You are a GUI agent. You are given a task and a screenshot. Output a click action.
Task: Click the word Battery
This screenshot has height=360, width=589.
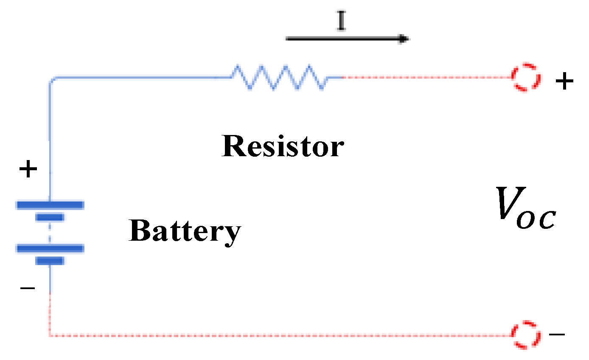pos(185,232)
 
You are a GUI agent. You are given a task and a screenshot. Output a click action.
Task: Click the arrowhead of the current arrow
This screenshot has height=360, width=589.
pos(403,39)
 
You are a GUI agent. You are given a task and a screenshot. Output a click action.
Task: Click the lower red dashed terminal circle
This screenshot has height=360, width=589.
pos(526,334)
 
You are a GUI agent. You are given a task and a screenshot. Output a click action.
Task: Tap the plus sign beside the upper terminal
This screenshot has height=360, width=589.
pos(564,82)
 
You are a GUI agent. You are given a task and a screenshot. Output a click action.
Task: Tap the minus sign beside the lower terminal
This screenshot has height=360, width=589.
pos(557,334)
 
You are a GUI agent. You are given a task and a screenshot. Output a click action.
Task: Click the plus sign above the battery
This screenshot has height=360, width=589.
pos(28,170)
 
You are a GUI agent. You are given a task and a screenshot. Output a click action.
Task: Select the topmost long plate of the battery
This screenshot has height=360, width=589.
pos(50,205)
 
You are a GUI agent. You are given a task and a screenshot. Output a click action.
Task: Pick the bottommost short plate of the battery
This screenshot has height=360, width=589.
pos(50,261)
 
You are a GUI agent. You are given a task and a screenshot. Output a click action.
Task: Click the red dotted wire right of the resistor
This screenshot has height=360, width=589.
pos(424,78)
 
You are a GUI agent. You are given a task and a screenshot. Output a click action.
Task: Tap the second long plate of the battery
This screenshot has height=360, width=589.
pos(50,248)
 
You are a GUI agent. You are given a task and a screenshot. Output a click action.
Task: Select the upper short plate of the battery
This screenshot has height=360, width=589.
pos(50,218)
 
